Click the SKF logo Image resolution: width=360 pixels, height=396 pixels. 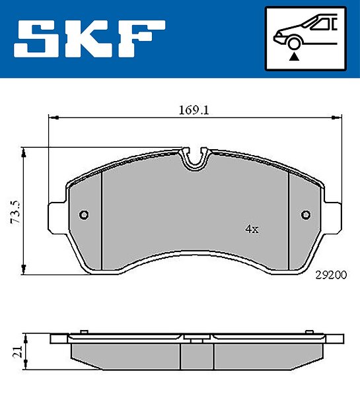click(89, 39)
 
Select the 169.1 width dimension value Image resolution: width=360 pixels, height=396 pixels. click(194, 110)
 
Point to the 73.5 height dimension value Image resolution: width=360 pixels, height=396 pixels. click(15, 213)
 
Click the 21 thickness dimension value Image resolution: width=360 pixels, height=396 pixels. click(18, 351)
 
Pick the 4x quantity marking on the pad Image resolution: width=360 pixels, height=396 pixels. click(252, 229)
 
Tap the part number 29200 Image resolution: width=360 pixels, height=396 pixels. click(331, 275)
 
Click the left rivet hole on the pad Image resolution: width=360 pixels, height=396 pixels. click(84, 215)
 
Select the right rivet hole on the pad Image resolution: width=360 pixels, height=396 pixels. click(306, 214)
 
